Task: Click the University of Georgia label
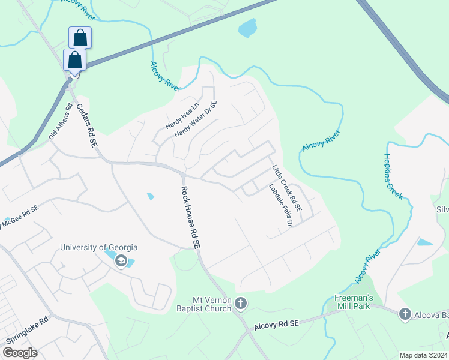(98, 247)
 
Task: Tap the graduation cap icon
(121, 261)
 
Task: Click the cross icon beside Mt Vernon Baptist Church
(241, 304)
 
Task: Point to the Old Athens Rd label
(60, 124)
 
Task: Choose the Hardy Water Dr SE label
(195, 119)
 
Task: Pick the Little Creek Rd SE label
(286, 191)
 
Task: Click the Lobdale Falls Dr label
(280, 205)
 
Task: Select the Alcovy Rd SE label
(276, 324)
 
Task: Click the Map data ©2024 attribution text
(423, 355)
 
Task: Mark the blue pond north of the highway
(247, 28)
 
